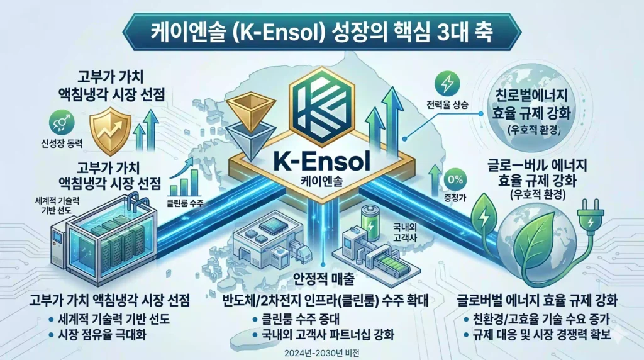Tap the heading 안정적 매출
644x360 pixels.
323,279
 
